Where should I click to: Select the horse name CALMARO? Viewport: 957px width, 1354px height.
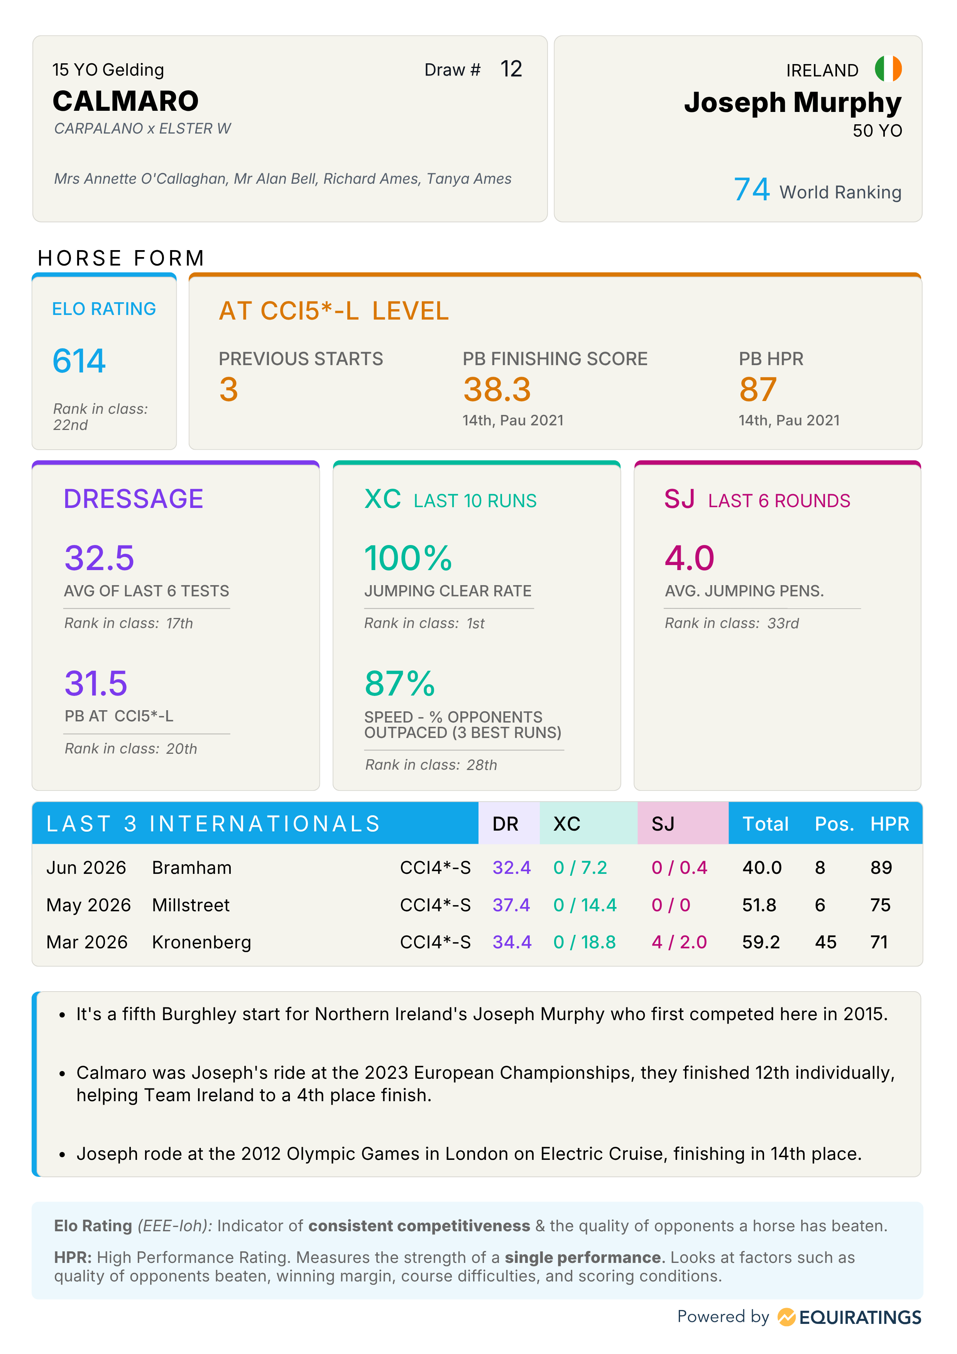click(125, 101)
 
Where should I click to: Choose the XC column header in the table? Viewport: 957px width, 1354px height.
click(566, 824)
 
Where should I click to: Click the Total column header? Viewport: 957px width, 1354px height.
click(765, 824)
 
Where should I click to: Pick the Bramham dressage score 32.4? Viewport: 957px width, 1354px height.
click(512, 868)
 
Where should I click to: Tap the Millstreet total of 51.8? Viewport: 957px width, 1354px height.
click(759, 905)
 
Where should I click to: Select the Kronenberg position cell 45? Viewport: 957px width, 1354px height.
click(825, 942)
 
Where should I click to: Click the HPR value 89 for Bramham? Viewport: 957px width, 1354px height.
click(881, 868)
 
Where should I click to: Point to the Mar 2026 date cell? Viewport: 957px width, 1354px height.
click(87, 942)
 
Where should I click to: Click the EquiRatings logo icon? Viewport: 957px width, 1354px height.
click(786, 1317)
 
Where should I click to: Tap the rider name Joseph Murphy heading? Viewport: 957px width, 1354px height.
click(793, 103)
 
